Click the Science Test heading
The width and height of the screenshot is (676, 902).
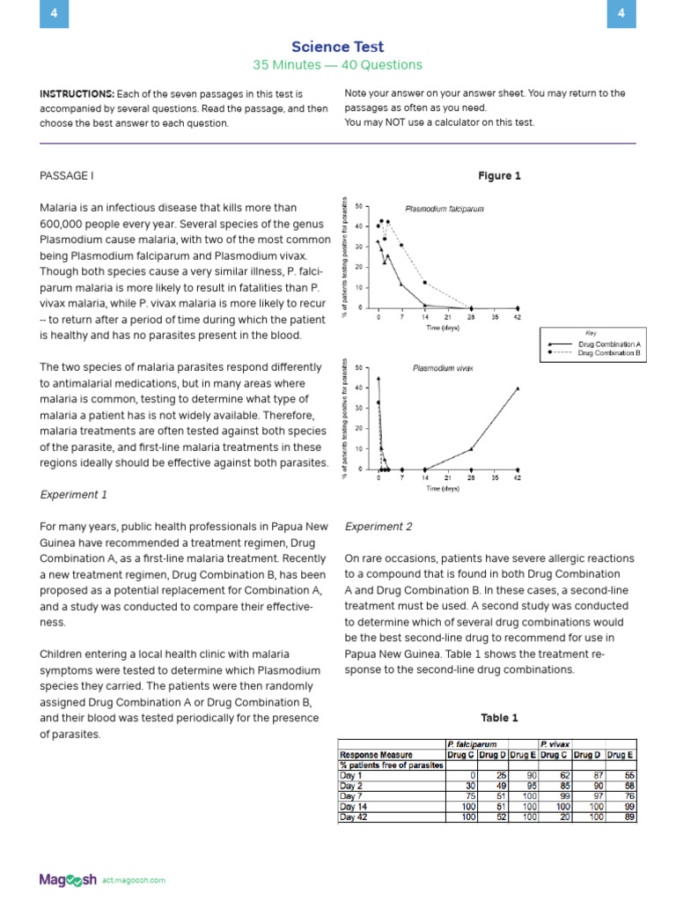(x=338, y=47)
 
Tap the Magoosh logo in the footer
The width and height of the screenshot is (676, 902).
(x=68, y=879)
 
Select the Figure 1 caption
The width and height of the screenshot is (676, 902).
(x=499, y=176)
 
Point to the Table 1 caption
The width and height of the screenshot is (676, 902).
(x=499, y=718)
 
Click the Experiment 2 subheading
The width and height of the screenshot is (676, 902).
(x=378, y=527)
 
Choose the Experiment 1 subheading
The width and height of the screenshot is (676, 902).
(x=74, y=495)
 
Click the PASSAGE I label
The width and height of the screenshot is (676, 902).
(x=66, y=176)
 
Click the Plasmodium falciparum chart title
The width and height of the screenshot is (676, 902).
(x=445, y=210)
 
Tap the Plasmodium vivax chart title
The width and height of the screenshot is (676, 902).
(x=443, y=368)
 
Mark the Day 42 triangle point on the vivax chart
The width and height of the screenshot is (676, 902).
(x=518, y=388)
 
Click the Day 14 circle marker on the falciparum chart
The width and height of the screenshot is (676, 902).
(x=425, y=283)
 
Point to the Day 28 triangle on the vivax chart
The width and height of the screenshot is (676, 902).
(x=471, y=449)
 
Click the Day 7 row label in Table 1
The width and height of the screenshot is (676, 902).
(x=351, y=795)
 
